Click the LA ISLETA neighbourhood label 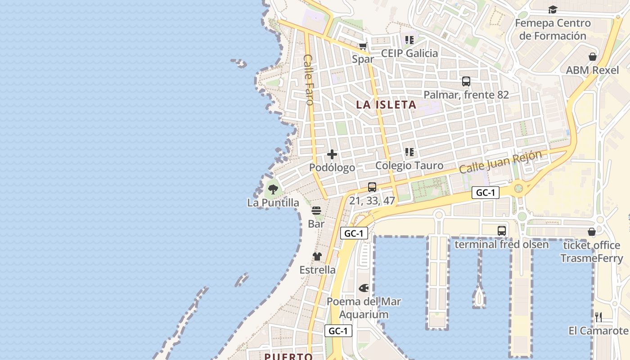tap(386, 105)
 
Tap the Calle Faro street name tap(309, 80)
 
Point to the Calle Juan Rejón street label tap(500, 162)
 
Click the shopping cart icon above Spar tap(363, 46)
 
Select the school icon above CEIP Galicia tap(409, 40)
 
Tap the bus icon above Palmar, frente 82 tap(466, 81)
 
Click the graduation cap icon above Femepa tap(553, 9)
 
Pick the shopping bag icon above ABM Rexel tap(593, 57)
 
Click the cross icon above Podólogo tap(332, 154)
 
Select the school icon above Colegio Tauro tap(409, 152)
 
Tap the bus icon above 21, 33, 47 tap(372, 187)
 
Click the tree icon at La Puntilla tap(273, 189)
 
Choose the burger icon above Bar tap(316, 211)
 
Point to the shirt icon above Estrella tap(317, 256)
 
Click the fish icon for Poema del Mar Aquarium tap(364, 288)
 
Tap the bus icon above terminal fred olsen tap(502, 231)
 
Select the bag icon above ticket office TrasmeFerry tap(592, 232)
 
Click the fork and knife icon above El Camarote tap(598, 317)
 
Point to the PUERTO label tap(288, 356)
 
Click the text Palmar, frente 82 tap(466, 95)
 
